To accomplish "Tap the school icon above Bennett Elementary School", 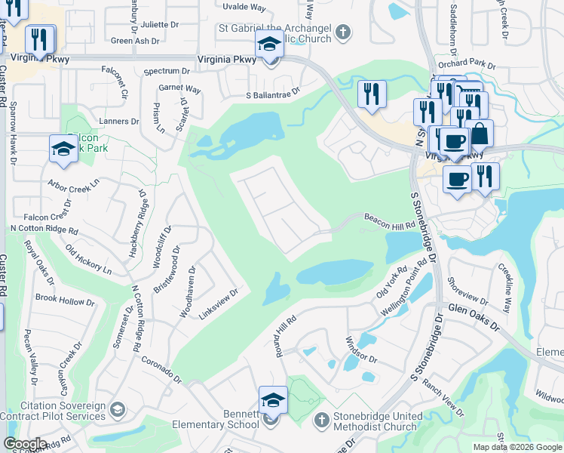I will point(272,400).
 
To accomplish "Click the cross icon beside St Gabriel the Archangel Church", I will point(343,32).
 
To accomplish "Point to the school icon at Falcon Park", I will point(63,149).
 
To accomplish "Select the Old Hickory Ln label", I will point(87,259).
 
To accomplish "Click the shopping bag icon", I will point(479,133).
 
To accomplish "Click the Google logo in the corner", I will point(25,444).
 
